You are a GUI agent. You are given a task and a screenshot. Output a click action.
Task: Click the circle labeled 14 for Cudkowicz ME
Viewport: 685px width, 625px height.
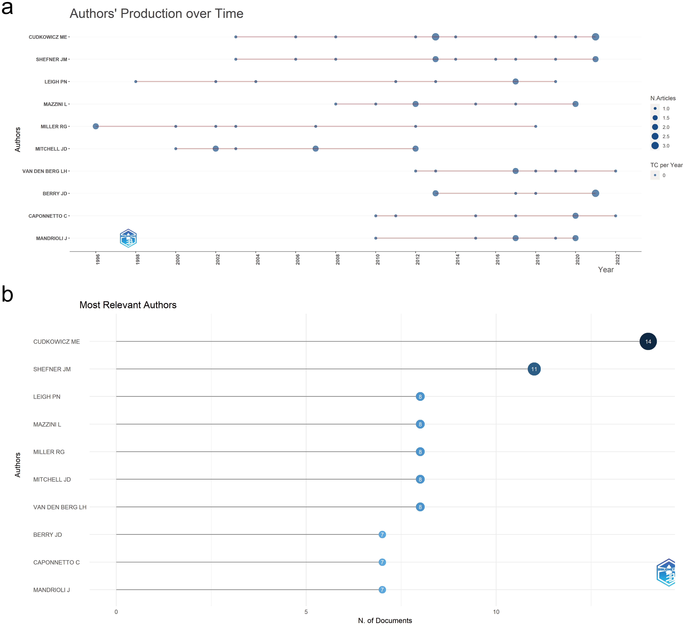[x=648, y=341]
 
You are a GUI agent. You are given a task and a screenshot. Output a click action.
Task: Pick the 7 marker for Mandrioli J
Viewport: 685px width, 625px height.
[x=382, y=590]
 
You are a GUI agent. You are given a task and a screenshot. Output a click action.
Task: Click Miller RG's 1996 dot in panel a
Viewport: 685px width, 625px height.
[x=96, y=126]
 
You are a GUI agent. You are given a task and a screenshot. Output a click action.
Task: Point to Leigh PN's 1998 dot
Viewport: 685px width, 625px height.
[x=136, y=82]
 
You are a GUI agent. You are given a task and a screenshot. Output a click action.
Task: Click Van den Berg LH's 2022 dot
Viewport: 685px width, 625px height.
[x=615, y=171]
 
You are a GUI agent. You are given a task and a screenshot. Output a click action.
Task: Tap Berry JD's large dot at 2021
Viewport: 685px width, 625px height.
[x=595, y=193]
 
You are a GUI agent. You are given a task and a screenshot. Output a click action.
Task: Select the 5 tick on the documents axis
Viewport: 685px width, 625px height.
[x=306, y=612]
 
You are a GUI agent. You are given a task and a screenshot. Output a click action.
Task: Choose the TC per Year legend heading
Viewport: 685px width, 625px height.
[x=666, y=165]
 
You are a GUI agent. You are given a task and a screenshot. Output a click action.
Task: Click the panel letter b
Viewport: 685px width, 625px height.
[x=7, y=294]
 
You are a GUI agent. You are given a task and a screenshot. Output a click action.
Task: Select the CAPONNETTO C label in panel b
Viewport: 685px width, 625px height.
[x=56, y=562]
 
